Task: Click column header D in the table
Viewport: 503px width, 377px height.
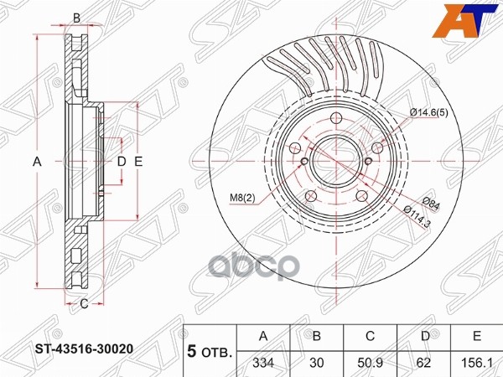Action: point(424,336)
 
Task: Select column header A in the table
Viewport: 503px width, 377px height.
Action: point(264,336)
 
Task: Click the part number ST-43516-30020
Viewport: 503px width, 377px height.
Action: point(84,346)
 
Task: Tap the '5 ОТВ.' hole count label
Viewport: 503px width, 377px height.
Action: point(210,350)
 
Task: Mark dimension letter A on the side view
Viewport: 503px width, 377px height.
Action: point(37,161)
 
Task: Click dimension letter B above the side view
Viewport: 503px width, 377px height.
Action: point(76,18)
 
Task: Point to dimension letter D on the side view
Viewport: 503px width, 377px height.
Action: point(121,161)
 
